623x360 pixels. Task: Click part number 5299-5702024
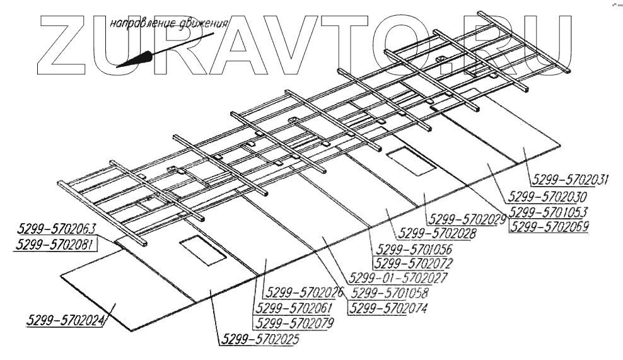click(x=66, y=321)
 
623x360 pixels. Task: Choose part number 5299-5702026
click(x=305, y=293)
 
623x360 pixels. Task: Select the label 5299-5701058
click(x=388, y=293)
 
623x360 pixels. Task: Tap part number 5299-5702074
click(x=388, y=308)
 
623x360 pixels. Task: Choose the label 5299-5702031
click(x=569, y=179)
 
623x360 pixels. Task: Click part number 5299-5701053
click(x=549, y=211)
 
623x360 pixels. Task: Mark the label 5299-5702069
click(x=549, y=226)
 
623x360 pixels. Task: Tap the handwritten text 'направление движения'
click(x=168, y=25)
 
